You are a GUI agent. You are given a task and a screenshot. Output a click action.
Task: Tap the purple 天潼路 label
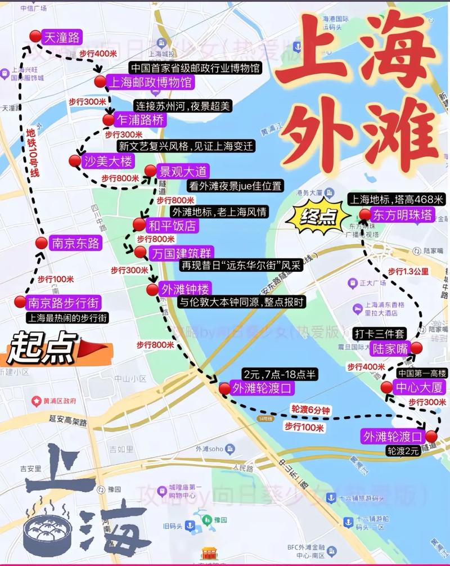[62, 38]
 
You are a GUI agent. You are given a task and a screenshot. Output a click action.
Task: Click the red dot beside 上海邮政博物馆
[100, 82]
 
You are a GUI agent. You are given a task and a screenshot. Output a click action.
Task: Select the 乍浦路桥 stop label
[140, 119]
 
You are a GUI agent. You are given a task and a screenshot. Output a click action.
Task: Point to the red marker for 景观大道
[150, 172]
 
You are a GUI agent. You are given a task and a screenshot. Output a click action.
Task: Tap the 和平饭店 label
[172, 226]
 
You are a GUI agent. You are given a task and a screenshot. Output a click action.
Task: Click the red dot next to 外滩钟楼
[152, 290]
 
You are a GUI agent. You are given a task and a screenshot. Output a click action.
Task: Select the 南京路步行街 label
[63, 303]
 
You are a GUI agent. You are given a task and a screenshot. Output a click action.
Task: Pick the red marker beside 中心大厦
[386, 387]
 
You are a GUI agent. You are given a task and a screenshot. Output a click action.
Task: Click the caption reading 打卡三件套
[380, 334]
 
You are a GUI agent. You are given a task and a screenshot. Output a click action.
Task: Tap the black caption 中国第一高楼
[421, 373]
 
